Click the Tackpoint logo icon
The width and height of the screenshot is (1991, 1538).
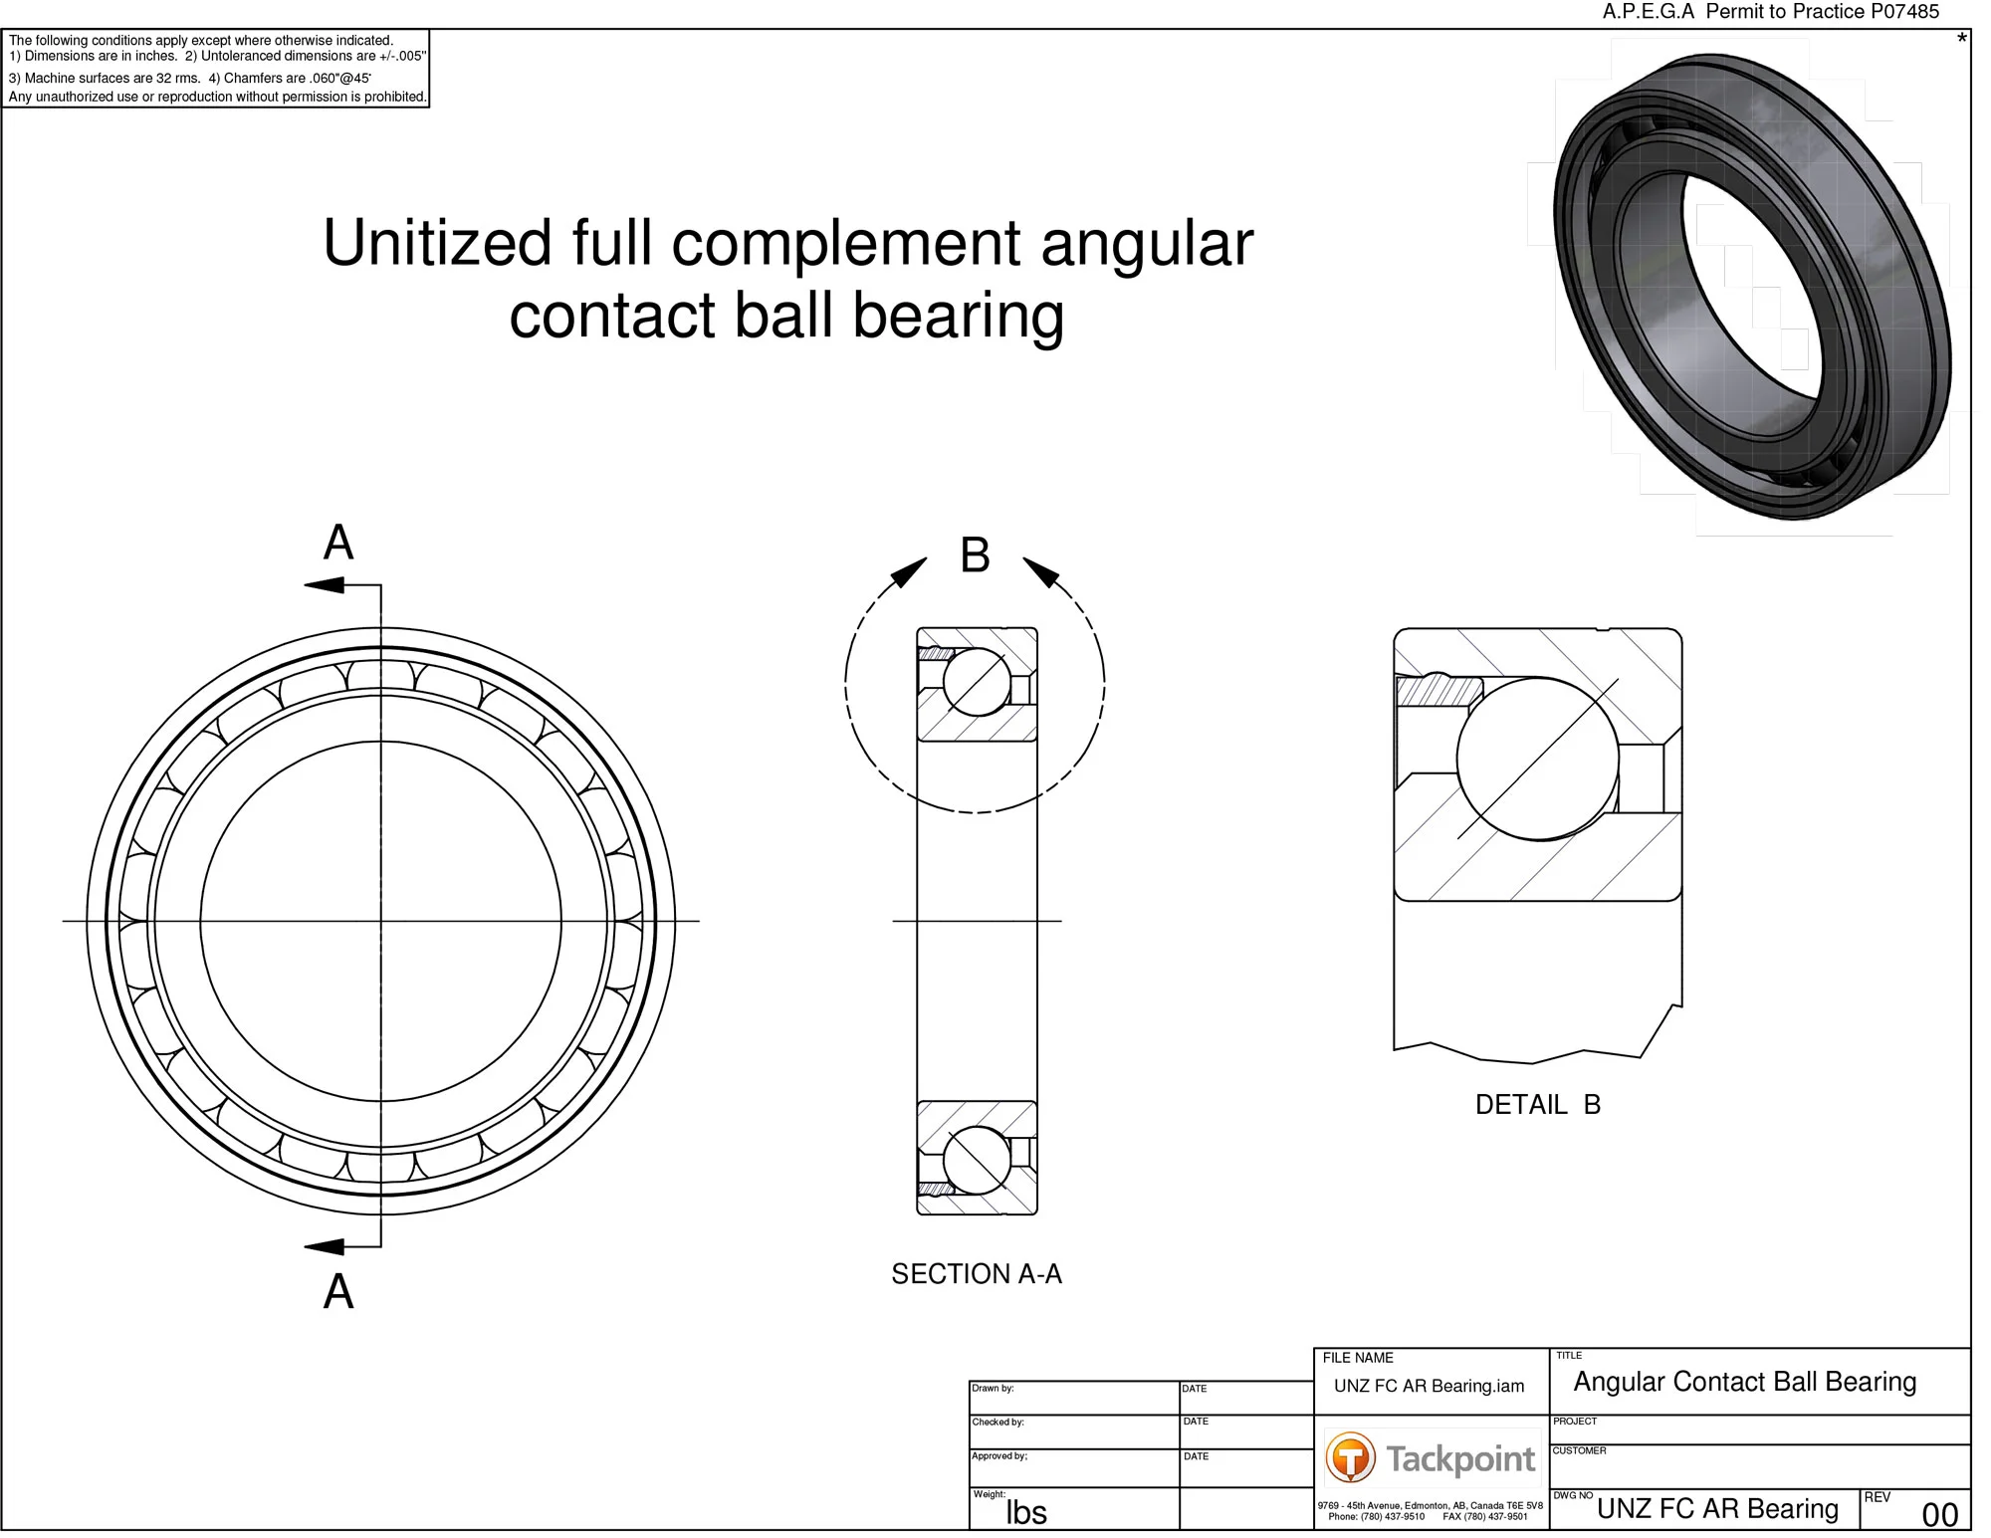point(1350,1458)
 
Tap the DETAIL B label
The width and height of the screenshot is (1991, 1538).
point(1537,1104)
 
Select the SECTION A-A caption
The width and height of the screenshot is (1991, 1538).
point(976,1273)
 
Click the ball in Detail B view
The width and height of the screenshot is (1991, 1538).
point(1537,759)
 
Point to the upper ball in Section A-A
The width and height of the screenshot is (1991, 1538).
point(977,682)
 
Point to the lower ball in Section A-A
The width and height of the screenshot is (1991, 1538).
point(977,1161)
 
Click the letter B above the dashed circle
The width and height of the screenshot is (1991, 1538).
point(975,554)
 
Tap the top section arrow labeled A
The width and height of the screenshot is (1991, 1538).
point(325,584)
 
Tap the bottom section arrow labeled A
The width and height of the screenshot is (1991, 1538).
point(325,1246)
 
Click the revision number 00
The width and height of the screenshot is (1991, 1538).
point(1939,1514)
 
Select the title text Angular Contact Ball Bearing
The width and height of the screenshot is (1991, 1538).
point(1744,1382)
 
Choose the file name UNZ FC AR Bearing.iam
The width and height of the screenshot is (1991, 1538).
point(1429,1386)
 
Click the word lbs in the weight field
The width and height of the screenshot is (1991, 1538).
point(1025,1512)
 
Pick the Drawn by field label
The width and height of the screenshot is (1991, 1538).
point(993,1388)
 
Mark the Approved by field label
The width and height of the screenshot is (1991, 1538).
point(999,1455)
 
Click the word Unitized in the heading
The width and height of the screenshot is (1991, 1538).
point(437,243)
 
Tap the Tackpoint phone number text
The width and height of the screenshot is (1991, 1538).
point(1376,1516)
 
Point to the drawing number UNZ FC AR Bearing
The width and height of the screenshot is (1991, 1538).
point(1717,1508)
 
